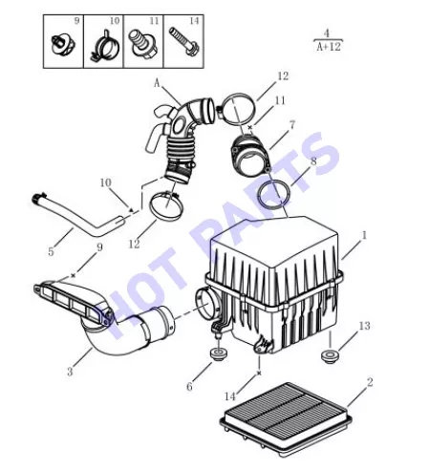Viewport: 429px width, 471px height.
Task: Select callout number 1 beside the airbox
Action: point(364,235)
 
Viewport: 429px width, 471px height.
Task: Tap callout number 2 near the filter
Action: point(370,382)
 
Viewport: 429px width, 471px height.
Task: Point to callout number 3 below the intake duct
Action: point(70,372)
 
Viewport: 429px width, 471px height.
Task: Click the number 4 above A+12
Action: point(327,32)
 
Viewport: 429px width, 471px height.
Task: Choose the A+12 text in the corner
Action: point(329,47)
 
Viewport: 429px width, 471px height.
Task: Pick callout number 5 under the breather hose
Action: point(51,251)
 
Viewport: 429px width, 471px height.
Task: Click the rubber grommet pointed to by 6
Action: point(219,354)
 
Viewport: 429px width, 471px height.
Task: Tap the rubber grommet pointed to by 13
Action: point(330,356)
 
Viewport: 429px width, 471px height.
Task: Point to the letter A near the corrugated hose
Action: point(157,83)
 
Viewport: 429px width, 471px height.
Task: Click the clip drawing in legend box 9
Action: point(63,44)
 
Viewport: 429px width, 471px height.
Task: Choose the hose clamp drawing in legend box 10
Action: point(104,46)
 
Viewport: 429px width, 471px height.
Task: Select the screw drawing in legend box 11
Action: point(142,43)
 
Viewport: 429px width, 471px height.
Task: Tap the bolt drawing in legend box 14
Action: point(184,41)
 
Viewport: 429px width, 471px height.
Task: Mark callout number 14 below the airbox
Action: point(230,396)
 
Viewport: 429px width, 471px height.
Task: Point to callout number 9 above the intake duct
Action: point(99,247)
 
